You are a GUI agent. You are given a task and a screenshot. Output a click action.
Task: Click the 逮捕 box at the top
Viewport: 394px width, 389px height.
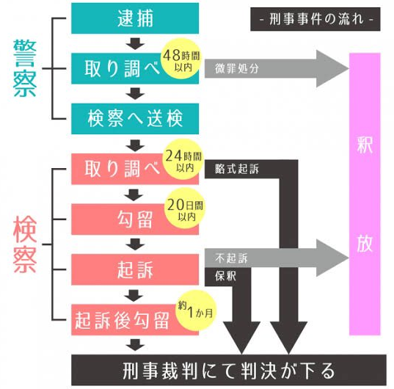click(x=135, y=18)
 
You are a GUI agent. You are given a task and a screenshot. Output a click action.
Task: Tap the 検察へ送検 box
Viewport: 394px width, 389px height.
click(x=135, y=119)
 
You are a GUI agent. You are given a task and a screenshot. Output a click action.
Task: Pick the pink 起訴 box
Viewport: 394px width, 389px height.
click(x=135, y=269)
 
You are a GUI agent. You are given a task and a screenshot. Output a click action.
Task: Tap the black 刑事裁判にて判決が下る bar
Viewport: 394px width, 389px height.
click(x=229, y=370)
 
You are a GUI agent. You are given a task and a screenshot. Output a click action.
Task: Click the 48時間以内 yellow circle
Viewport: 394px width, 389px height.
click(x=181, y=59)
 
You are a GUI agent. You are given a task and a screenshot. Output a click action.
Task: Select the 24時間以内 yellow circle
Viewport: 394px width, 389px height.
click(x=183, y=159)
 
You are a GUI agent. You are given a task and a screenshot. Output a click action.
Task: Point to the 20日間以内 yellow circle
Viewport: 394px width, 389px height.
click(x=185, y=208)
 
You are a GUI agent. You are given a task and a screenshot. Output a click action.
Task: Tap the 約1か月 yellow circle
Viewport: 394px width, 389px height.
click(x=196, y=310)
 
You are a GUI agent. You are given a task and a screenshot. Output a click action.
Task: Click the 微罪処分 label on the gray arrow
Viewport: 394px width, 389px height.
click(x=237, y=68)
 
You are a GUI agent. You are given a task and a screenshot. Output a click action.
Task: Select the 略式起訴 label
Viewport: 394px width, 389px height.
click(x=237, y=169)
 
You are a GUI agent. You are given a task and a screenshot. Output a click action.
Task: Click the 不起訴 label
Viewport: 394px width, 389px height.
click(x=231, y=258)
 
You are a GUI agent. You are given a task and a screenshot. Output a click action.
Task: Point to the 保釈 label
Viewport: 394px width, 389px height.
click(x=225, y=276)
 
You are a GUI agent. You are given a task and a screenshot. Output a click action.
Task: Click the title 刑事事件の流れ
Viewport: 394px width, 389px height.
click(x=315, y=19)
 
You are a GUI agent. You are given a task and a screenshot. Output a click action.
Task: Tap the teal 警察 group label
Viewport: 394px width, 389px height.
click(x=25, y=68)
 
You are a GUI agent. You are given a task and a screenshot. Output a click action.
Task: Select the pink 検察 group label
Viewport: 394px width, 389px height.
click(x=25, y=244)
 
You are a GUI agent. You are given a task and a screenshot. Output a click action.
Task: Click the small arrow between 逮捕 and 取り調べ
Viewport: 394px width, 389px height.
click(x=135, y=43)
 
